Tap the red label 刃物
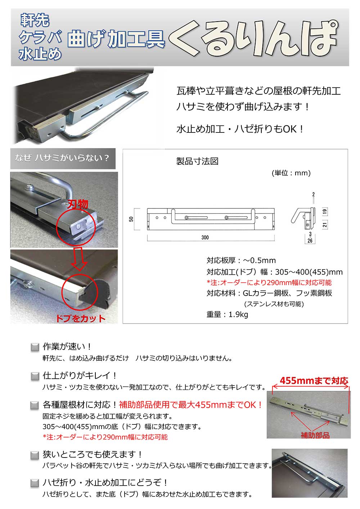pyautogui.click(x=78, y=204)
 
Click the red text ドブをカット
pyautogui.click(x=80, y=318)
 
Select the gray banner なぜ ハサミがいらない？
pyautogui.click(x=63, y=158)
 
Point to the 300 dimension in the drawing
pyautogui.click(x=205, y=238)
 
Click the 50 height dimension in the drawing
pyautogui.click(x=132, y=219)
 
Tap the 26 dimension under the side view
pyautogui.click(x=310, y=241)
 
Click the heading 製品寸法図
pyautogui.click(x=197, y=161)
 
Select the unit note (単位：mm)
pyautogui.click(x=291, y=173)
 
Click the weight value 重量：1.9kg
pyautogui.click(x=227, y=314)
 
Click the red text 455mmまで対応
pyautogui.click(x=314, y=380)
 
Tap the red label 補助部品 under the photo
pyautogui.click(x=315, y=436)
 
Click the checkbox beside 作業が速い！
pyautogui.click(x=35, y=347)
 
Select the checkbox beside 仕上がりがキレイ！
pyautogui.click(x=35, y=377)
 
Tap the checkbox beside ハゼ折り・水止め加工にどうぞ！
pyautogui.click(x=35, y=483)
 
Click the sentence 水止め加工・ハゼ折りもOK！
pyautogui.click(x=240, y=129)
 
